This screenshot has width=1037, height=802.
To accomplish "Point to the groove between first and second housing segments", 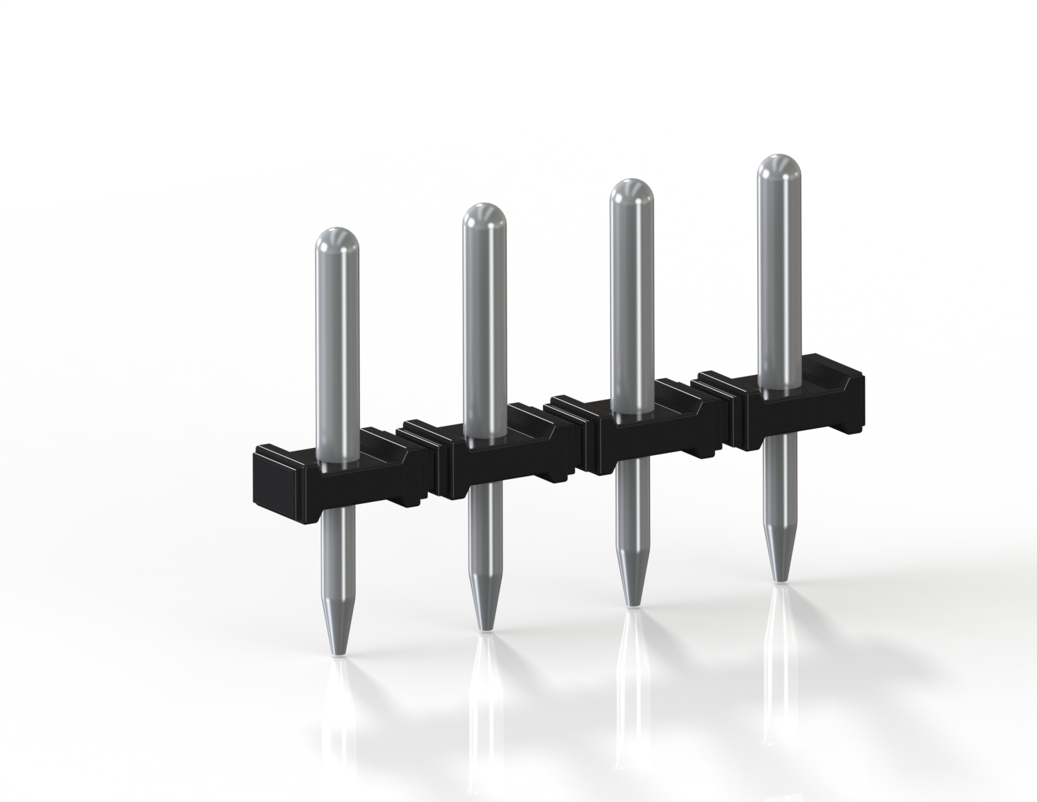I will (433, 470).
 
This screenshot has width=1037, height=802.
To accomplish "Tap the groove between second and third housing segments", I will (582, 446).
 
